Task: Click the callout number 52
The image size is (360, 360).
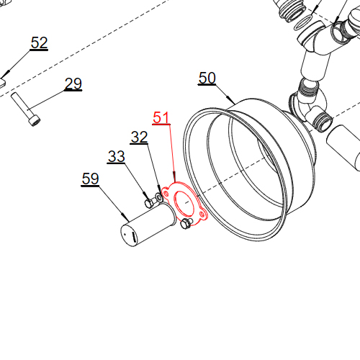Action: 39,42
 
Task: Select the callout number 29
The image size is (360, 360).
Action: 73,84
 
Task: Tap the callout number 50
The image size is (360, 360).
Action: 207,78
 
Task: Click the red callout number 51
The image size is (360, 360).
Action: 161,117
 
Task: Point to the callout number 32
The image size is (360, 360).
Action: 139,137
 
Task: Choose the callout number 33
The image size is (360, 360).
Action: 117,156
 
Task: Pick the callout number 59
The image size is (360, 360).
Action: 90,179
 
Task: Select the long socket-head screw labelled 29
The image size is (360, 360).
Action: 26,109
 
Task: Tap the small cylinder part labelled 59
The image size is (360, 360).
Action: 148,225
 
